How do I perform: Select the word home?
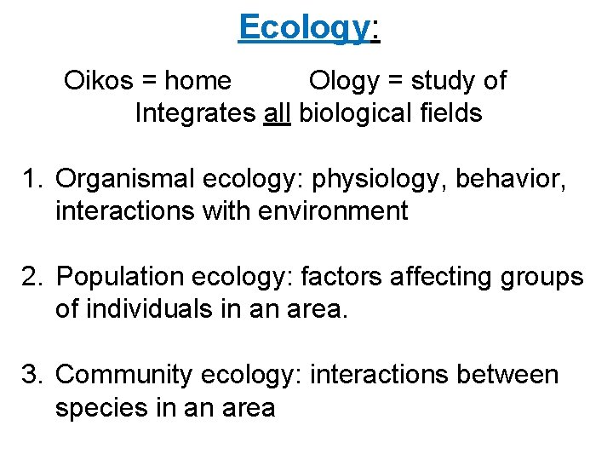[198, 81]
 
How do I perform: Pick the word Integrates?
[195, 113]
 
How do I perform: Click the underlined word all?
[278, 112]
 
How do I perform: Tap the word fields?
[451, 112]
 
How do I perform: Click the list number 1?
[32, 180]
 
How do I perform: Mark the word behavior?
[527, 180]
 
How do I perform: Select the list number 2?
[32, 278]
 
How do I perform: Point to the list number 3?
[32, 376]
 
